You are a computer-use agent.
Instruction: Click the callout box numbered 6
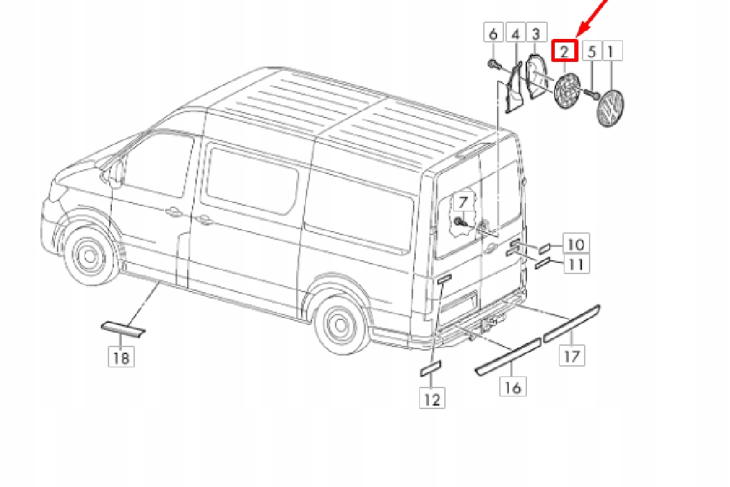[493, 33]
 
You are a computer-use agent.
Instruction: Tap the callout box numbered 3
[535, 33]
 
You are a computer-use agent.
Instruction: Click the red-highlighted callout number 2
[565, 50]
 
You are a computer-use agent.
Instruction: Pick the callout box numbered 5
[592, 51]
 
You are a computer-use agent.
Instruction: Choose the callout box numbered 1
[611, 51]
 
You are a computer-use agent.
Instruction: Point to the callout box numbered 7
[464, 204]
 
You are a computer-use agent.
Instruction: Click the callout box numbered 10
[576, 244]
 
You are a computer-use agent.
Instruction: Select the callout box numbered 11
[576, 264]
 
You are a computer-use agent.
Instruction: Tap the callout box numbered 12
[432, 399]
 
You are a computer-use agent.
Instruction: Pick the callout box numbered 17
[572, 356]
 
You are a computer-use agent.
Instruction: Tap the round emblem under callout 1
[612, 109]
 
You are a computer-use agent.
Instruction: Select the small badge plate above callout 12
[430, 367]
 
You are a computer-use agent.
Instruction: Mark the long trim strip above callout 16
[508, 356]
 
